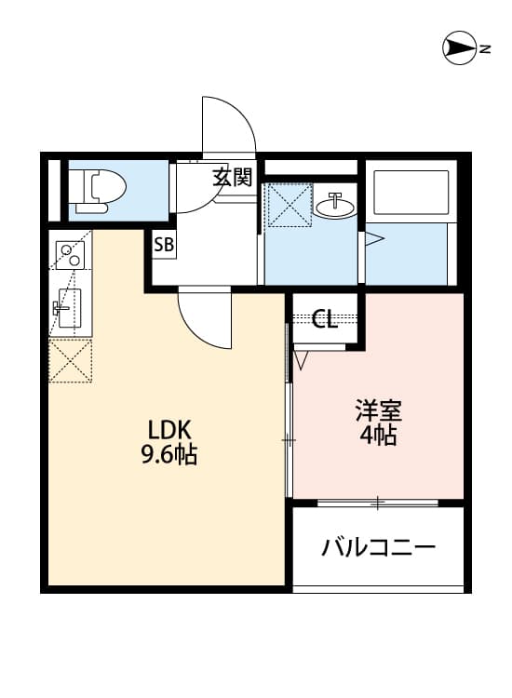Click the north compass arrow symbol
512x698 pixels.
461,47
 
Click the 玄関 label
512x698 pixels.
232,178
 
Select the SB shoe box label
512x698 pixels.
164,247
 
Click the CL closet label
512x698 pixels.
324,320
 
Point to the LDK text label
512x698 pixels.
169,430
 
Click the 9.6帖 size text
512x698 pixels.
169,456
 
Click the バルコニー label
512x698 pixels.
378,547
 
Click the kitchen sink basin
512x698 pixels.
67,306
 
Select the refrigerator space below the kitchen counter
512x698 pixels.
71,360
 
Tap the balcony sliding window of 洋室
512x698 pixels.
377,503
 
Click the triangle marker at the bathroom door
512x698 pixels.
373,239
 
